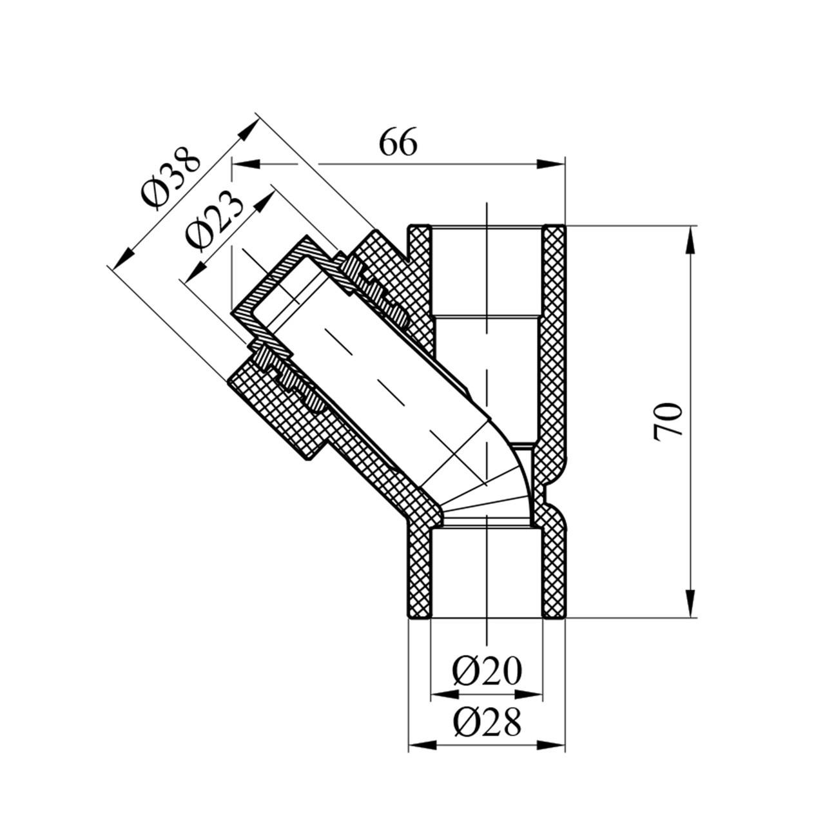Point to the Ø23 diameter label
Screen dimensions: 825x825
[x=214, y=221]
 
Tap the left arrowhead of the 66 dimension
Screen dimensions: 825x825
[x=246, y=164]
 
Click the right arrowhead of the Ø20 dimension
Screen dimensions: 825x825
[x=529, y=694]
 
